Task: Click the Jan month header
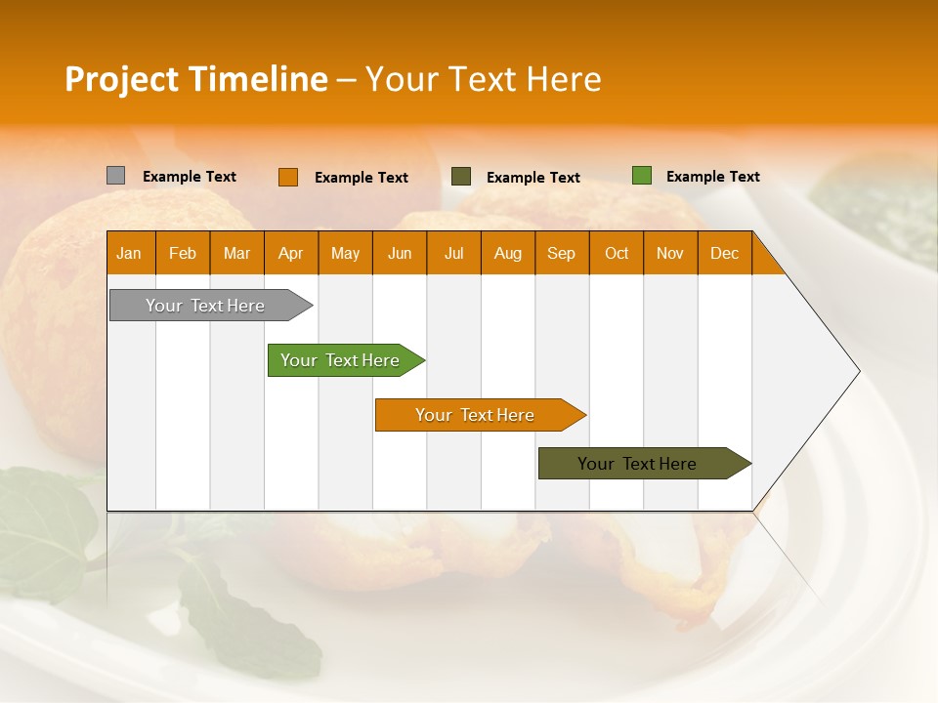click(129, 254)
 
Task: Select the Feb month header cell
click(183, 254)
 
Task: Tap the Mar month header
click(236, 254)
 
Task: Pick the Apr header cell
click(291, 254)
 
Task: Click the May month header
click(345, 254)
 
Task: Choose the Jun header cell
click(400, 254)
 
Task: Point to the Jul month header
click(453, 254)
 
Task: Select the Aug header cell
click(508, 254)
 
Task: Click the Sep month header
click(562, 254)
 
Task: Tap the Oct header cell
click(617, 254)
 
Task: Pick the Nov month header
click(670, 254)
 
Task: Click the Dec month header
click(725, 254)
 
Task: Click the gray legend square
click(116, 176)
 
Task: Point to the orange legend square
click(288, 177)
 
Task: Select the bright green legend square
click(642, 176)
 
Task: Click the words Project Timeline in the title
click(195, 79)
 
